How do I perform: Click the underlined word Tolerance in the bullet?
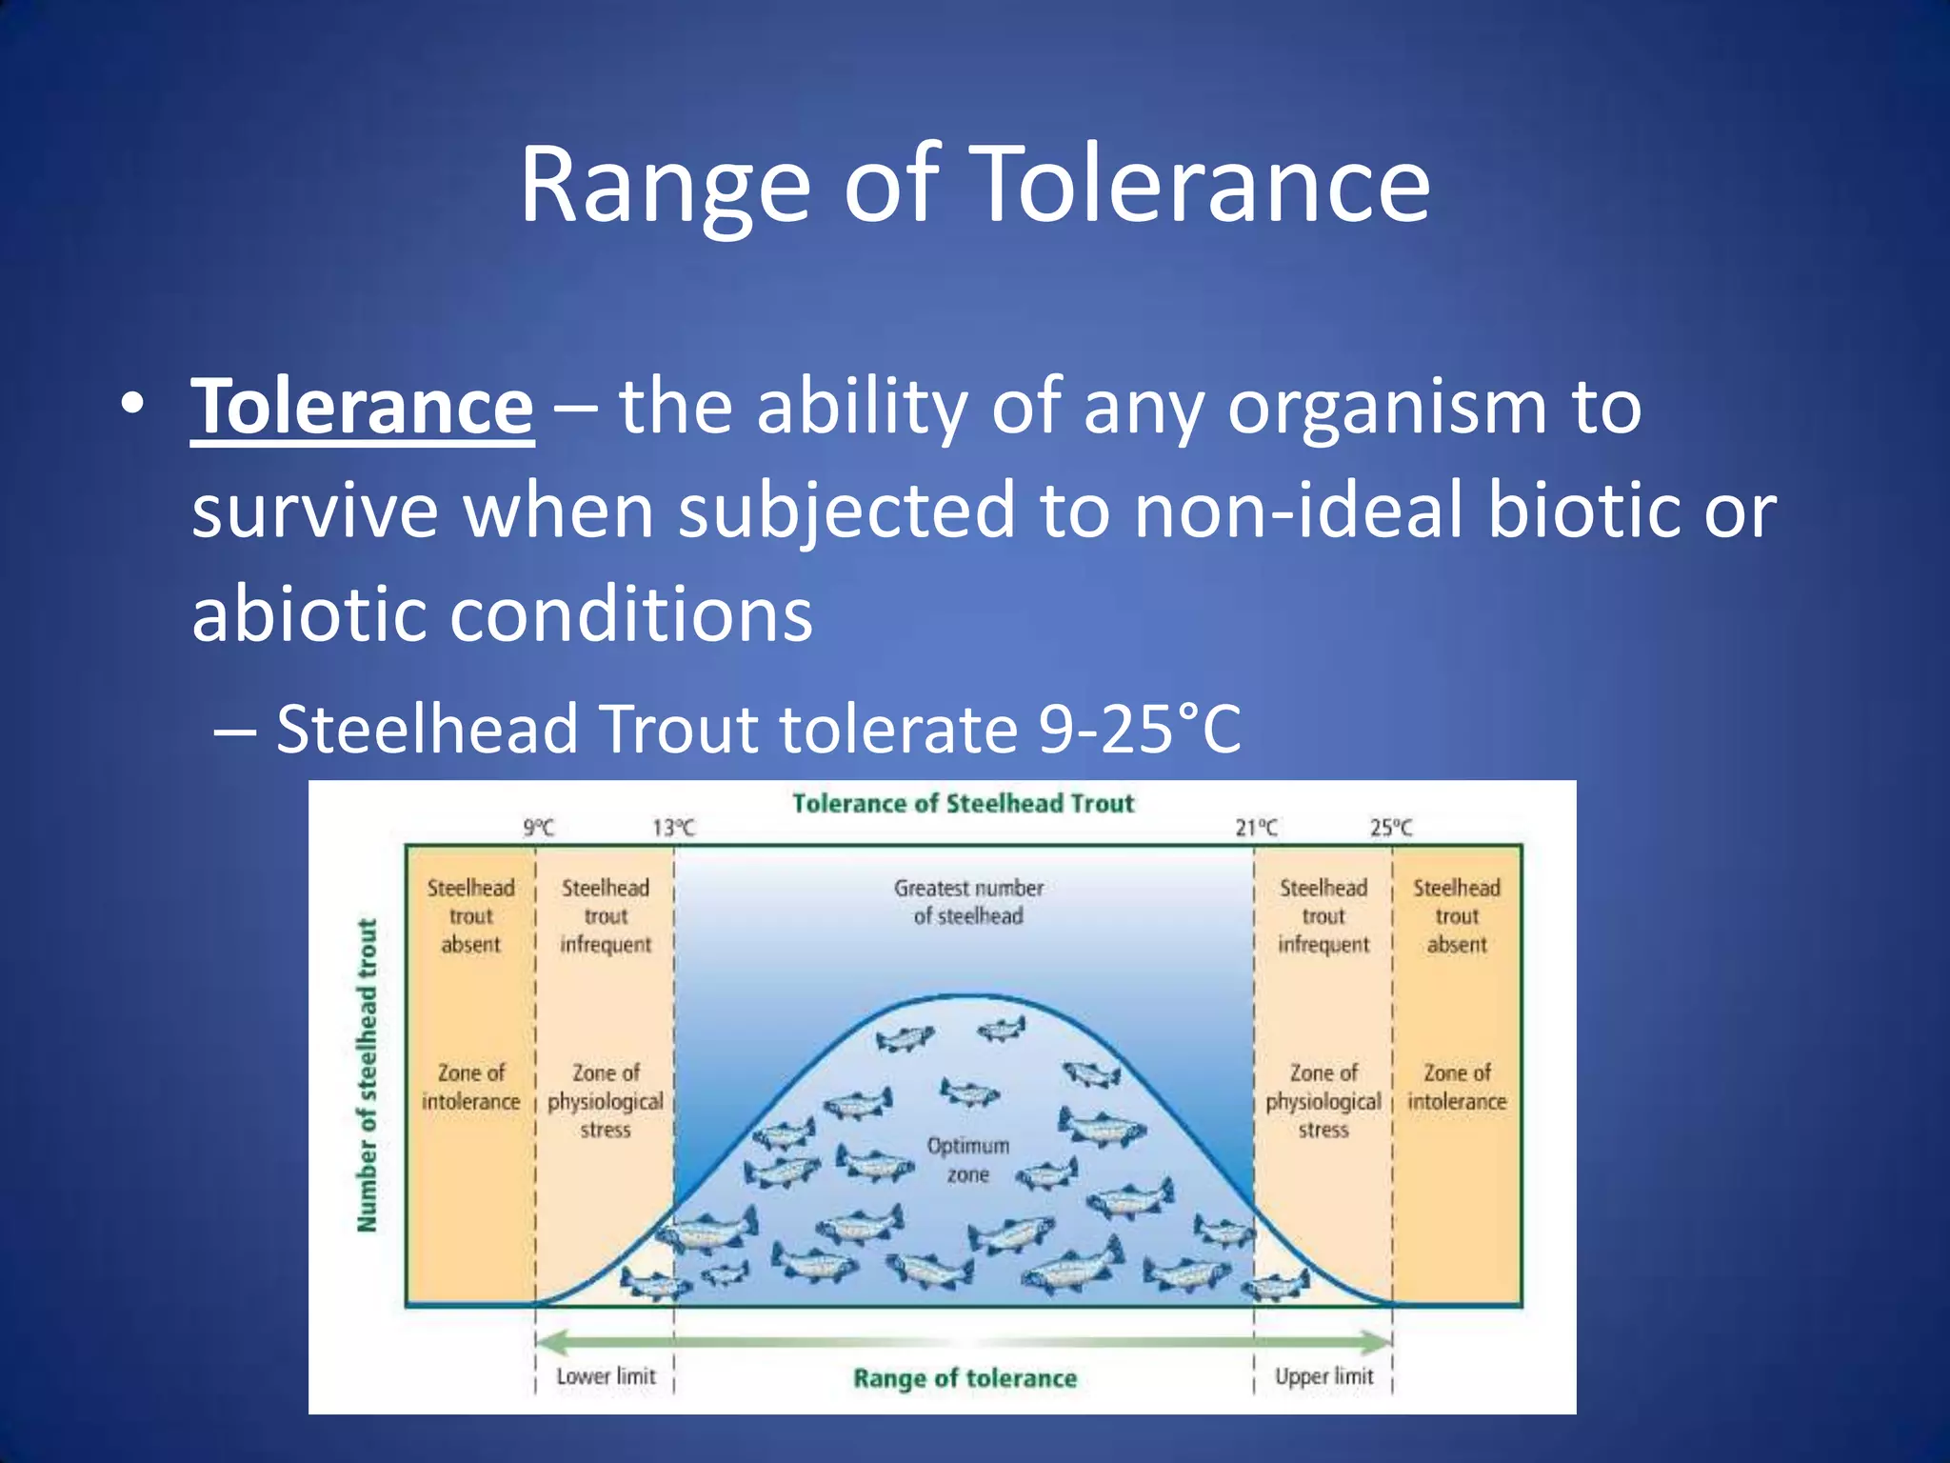click(x=362, y=408)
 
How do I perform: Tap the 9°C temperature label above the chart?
click(x=539, y=828)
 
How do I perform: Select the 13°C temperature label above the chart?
click(x=673, y=828)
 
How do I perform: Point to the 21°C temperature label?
click(x=1256, y=828)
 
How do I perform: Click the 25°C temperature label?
click(x=1391, y=828)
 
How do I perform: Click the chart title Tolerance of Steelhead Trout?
click(x=963, y=804)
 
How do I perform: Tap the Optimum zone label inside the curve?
click(x=967, y=1160)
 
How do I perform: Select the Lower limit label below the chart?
click(x=606, y=1376)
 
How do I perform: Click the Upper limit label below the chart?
click(x=1323, y=1376)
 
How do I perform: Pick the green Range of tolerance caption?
click(x=964, y=1378)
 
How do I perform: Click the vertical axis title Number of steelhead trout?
click(x=368, y=1074)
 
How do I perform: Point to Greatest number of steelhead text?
click(x=967, y=902)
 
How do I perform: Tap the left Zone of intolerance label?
click(x=470, y=1087)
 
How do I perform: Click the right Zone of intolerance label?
click(x=1457, y=1087)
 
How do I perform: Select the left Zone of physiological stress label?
click(x=606, y=1101)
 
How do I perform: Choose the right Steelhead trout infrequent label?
click(x=1323, y=916)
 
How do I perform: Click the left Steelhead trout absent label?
click(x=470, y=916)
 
